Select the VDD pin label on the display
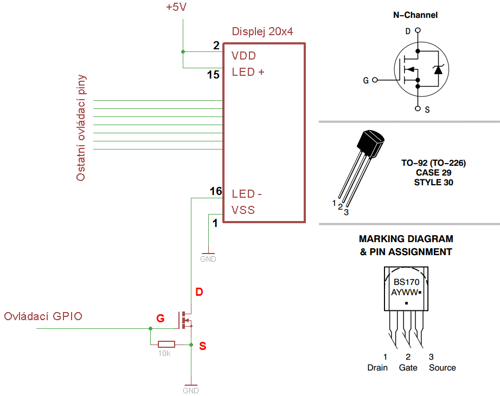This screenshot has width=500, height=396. tap(243, 56)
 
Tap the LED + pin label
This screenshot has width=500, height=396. tap(248, 72)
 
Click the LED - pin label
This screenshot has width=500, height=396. tap(247, 194)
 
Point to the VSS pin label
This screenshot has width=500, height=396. tap(243, 210)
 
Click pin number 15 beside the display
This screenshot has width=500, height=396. tap(213, 75)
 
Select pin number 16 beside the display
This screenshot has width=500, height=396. tap(215, 191)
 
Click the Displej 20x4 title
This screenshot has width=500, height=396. tap(262, 31)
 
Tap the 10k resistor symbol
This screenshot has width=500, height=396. tap(166, 344)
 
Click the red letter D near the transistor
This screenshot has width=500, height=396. tap(199, 293)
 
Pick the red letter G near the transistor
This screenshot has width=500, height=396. tap(160, 319)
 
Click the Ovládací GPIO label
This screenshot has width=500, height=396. tap(43, 316)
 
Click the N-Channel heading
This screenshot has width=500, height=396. tap(415, 15)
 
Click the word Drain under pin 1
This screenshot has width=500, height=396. tap(377, 368)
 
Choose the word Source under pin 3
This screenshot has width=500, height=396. tap(442, 368)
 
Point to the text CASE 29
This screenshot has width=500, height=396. tap(433, 172)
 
